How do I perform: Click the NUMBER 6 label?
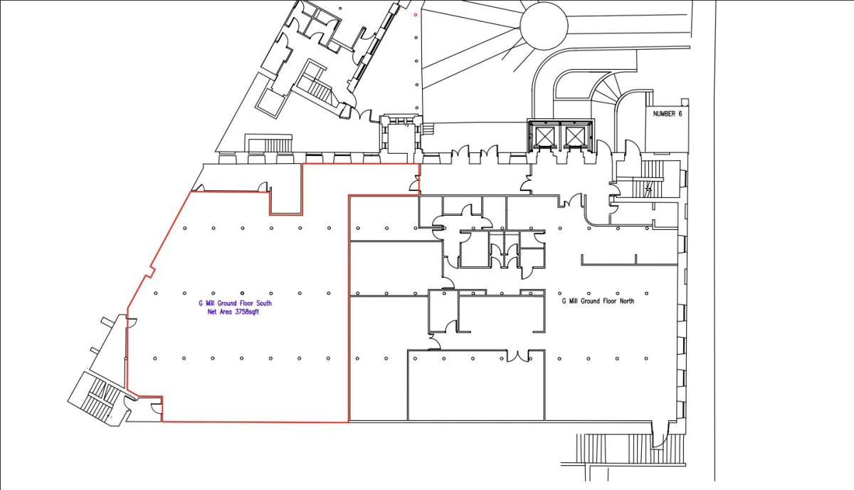(668, 114)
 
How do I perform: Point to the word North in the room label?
(627, 301)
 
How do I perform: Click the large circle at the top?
(544, 26)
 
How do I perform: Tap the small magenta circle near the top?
(416, 15)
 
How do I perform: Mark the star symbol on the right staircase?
(648, 189)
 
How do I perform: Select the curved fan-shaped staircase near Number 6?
(606, 88)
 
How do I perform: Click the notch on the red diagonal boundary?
(150, 272)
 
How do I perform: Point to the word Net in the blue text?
(212, 312)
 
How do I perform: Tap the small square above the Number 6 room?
(685, 102)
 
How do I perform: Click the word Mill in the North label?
(574, 301)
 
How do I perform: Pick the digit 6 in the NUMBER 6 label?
(680, 114)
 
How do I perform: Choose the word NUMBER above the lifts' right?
(663, 114)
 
